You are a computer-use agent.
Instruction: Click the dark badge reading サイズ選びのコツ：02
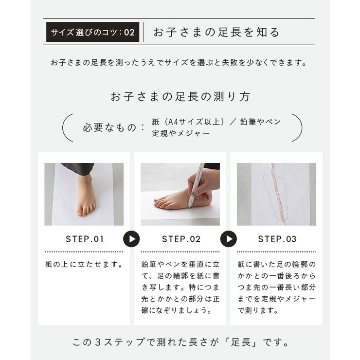(x=92, y=33)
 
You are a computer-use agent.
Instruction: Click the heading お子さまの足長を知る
(x=216, y=33)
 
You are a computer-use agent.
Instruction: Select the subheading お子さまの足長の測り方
(x=180, y=96)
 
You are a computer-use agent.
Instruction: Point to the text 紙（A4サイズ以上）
(x=188, y=122)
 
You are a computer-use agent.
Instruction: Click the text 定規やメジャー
(x=181, y=133)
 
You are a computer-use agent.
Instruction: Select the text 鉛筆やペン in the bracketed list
(x=260, y=122)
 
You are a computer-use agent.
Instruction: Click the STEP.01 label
(x=85, y=239)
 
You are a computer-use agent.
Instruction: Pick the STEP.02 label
(x=181, y=239)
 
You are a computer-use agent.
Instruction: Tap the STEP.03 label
(x=277, y=239)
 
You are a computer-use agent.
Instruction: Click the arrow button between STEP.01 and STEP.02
(x=131, y=239)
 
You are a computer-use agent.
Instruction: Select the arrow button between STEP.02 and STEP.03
(x=228, y=239)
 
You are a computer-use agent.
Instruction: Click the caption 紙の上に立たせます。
(x=84, y=265)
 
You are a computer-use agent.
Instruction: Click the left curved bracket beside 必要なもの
(x=68, y=127)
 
